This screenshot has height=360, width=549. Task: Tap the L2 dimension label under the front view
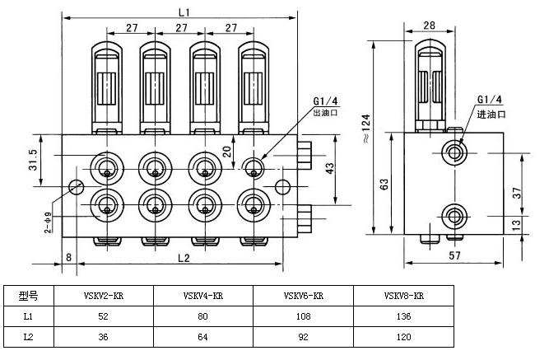coord(184,257)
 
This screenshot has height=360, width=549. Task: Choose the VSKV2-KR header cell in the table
coord(103,295)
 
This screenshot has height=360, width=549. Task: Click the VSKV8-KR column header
coord(404,295)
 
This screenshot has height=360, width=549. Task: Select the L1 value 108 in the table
coord(304,316)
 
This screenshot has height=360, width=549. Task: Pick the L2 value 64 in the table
coord(202,336)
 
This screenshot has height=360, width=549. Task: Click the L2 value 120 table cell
coord(404,336)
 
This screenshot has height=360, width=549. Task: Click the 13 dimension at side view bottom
coord(517,224)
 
